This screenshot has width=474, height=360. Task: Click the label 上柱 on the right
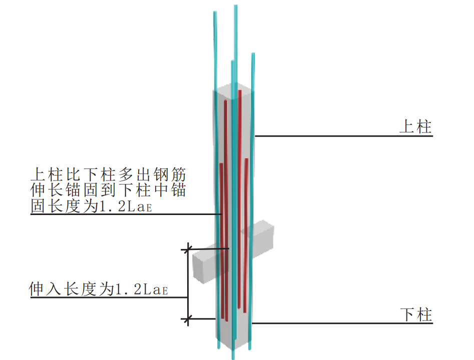(415, 126)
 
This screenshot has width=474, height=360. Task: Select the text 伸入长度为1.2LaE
(99, 289)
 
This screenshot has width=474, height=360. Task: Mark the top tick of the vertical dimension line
(188, 248)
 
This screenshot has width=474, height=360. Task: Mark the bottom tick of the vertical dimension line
(188, 318)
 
